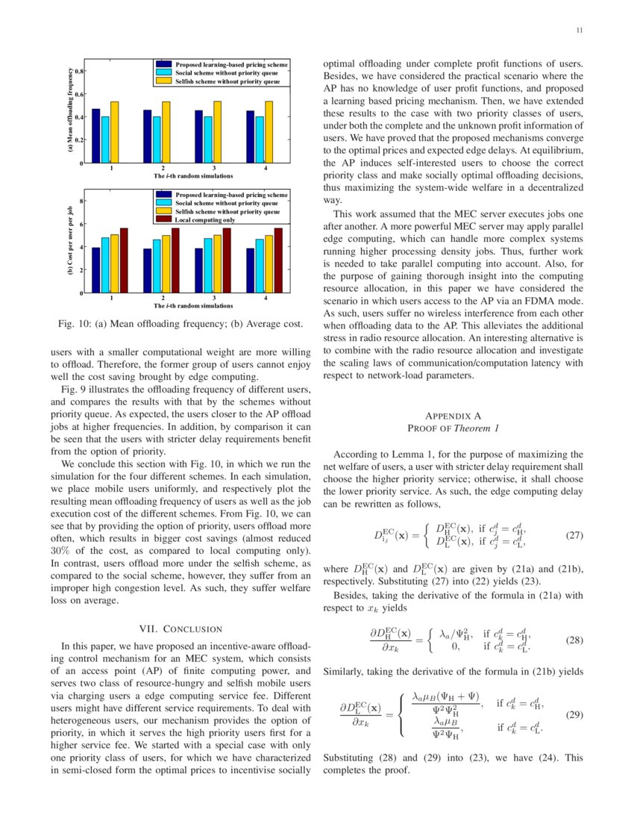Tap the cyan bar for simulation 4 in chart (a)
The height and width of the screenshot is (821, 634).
[259, 140]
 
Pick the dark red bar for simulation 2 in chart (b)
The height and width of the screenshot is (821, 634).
[175, 260]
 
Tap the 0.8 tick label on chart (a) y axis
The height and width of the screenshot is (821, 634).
[78, 71]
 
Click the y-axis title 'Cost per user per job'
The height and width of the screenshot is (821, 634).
[69, 243]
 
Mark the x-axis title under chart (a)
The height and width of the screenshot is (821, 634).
[193, 175]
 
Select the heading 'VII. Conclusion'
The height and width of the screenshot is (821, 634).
[181, 628]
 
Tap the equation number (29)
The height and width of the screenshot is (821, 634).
[574, 714]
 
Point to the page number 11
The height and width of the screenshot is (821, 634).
[580, 31]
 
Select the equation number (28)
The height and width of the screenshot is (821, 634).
[574, 640]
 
